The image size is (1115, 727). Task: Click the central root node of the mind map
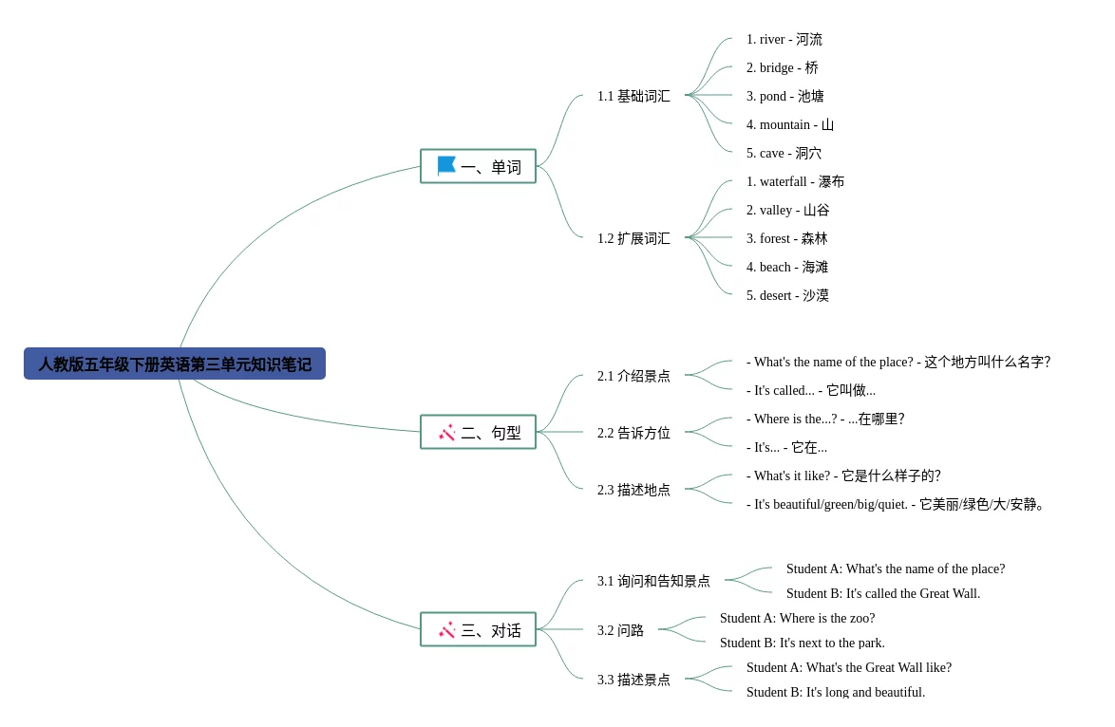pyautogui.click(x=175, y=364)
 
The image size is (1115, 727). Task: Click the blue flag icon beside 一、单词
pyautogui.click(x=446, y=166)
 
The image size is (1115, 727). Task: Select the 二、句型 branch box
pyautogui.click(x=479, y=433)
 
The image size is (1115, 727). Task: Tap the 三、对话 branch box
pyautogui.click(x=479, y=630)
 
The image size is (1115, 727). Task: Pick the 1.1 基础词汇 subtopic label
pyautogui.click(x=633, y=97)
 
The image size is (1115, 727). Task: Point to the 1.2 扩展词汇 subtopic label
pyautogui.click(x=633, y=239)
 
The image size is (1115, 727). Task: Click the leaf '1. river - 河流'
pyautogui.click(x=784, y=40)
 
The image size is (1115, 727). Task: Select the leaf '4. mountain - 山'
pyautogui.click(x=789, y=125)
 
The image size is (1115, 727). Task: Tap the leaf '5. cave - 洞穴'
pyautogui.click(x=784, y=154)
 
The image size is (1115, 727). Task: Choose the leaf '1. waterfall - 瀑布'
pyautogui.click(x=795, y=182)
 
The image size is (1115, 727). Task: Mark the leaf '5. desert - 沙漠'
pyautogui.click(x=787, y=296)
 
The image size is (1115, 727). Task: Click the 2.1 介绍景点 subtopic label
pyautogui.click(x=633, y=377)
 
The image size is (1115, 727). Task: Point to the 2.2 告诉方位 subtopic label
pyautogui.click(x=633, y=434)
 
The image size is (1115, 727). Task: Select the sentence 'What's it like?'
pyautogui.click(x=843, y=476)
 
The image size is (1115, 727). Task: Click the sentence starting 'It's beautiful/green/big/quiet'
pyautogui.click(x=897, y=505)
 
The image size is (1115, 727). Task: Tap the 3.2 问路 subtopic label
pyautogui.click(x=620, y=631)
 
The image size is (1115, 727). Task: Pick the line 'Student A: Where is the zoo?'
pyautogui.click(x=797, y=619)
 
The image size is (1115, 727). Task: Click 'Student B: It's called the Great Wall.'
pyautogui.click(x=882, y=594)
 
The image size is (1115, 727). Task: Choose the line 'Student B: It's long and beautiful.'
pyautogui.click(x=835, y=692)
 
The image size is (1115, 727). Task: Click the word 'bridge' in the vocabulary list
pyautogui.click(x=776, y=68)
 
